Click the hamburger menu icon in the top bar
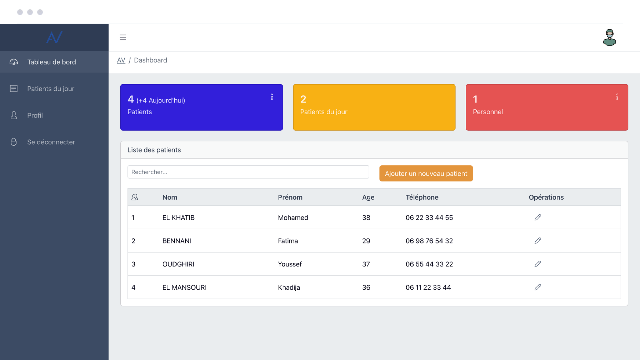(x=123, y=37)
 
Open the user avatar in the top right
(x=609, y=37)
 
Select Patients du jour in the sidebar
(x=51, y=89)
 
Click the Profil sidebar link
(x=35, y=115)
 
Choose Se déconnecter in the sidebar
(x=51, y=142)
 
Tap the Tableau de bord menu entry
(x=51, y=62)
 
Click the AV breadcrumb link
(x=121, y=60)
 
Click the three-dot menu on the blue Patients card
(x=272, y=97)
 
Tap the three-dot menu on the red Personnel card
(x=617, y=97)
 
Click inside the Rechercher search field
(x=248, y=172)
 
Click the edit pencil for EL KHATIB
(x=537, y=217)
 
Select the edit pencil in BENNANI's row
(x=537, y=241)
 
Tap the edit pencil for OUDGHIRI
(x=537, y=264)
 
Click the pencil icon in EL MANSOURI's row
(x=537, y=287)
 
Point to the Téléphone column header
(x=422, y=197)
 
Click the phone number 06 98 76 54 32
(x=429, y=241)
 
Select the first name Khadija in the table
(x=289, y=287)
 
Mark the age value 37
(x=366, y=264)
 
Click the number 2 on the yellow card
(x=303, y=99)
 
